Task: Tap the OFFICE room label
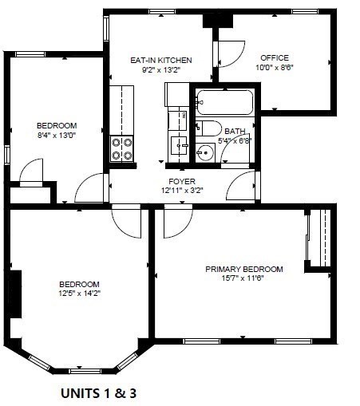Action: tap(273, 57)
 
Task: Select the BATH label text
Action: tap(235, 132)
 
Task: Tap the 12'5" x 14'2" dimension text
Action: tap(79, 294)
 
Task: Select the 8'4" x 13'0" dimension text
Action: tap(56, 135)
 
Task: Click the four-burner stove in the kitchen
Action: tap(122, 149)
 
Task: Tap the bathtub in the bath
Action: tap(224, 103)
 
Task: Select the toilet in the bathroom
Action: tap(209, 128)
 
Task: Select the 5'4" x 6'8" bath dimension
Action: tap(235, 141)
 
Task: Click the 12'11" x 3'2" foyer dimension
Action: tap(182, 191)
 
